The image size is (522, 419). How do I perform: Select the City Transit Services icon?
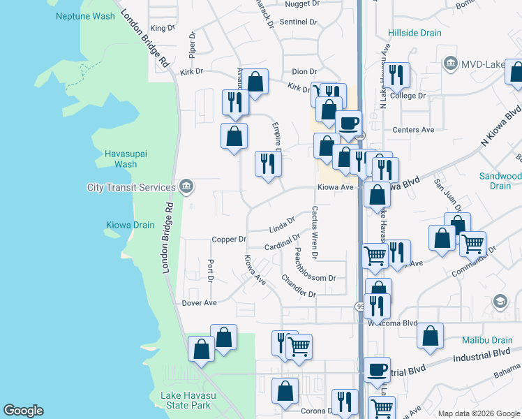[x=186, y=186]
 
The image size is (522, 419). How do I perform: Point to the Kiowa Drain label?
[x=129, y=225]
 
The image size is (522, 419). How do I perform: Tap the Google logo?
[x=23, y=411]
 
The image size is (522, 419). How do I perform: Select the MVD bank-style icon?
[x=450, y=65]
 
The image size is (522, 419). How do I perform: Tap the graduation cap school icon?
[x=500, y=301]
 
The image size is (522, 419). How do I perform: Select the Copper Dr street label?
[x=229, y=240]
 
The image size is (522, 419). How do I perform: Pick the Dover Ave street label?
[x=200, y=303]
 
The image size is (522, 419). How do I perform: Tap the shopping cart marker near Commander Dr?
[x=473, y=244]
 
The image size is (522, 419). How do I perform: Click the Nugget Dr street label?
[x=301, y=4]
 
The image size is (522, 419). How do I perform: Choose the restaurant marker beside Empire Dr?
[x=268, y=164]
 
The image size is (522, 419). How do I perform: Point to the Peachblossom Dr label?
[x=314, y=278]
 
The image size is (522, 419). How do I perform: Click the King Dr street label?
[x=161, y=28]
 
